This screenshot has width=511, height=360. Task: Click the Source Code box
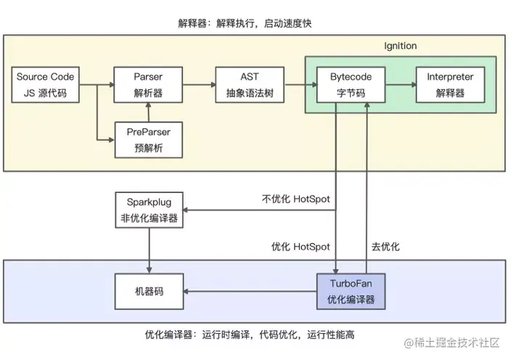click(x=44, y=85)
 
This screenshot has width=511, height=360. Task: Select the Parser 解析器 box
click(x=148, y=85)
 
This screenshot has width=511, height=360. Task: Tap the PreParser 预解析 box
click(x=148, y=139)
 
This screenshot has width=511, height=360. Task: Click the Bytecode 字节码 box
click(x=351, y=85)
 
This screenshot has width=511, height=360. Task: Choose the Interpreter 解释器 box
click(x=450, y=85)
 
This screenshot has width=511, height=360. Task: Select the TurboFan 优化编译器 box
click(x=351, y=291)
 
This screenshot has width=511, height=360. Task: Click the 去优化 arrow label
click(x=385, y=247)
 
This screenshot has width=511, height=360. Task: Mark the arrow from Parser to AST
click(x=198, y=85)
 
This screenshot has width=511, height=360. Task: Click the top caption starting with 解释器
click(x=245, y=23)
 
